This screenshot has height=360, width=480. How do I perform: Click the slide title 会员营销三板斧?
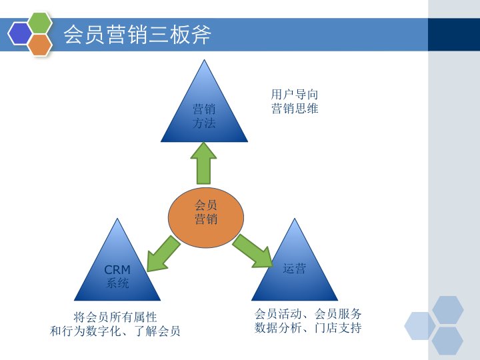tap(137, 34)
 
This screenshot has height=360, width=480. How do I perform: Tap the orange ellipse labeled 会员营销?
tap(205, 213)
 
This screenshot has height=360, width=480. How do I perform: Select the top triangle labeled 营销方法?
tap(204, 113)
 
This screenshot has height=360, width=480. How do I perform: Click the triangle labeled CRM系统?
tap(117, 270)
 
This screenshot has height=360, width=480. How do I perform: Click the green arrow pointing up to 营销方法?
tap(203, 163)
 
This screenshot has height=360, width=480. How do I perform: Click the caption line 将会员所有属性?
tap(115, 317)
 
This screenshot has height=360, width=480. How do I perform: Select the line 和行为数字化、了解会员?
tap(115, 331)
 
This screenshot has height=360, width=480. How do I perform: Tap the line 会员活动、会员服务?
tap(308, 313)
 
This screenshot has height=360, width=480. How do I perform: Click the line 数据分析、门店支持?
tap(308, 327)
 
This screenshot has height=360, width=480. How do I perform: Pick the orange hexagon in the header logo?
tap(40, 44)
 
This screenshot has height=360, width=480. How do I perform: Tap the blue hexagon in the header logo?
tap(20, 33)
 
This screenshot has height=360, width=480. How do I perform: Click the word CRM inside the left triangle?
tap(117, 270)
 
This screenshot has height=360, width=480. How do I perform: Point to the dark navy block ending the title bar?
tap(453, 34)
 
